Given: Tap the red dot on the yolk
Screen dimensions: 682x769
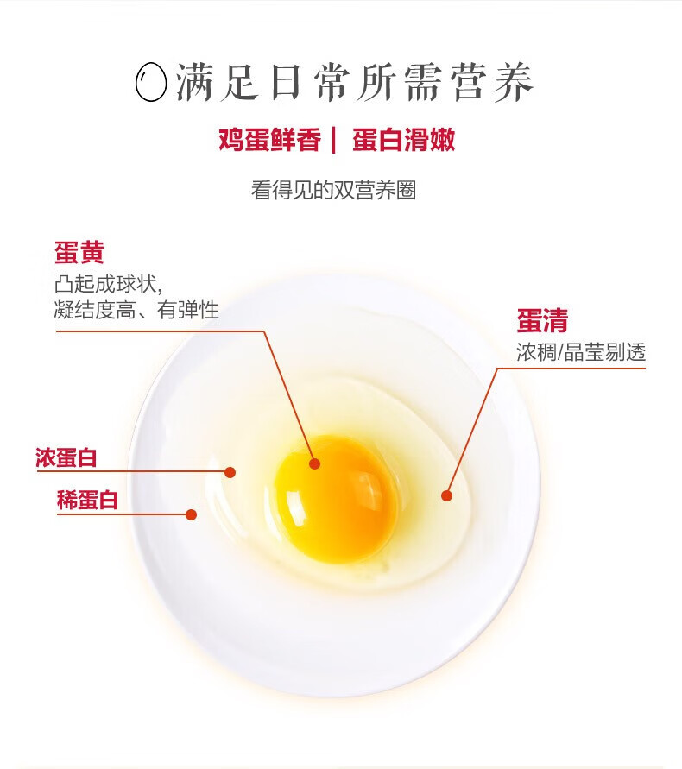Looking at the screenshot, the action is point(315,463).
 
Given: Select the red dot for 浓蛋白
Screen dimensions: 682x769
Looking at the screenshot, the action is point(230,472).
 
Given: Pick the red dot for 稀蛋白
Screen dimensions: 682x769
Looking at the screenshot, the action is point(192,514).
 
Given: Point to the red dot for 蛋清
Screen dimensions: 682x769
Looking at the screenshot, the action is point(446,495).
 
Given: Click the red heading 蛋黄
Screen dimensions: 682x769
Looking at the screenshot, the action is point(79,253).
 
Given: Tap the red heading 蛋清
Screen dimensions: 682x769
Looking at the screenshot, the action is point(542,321).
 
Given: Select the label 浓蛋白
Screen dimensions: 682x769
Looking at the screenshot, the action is point(66,457).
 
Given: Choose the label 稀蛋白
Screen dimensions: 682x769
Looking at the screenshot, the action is point(87,501).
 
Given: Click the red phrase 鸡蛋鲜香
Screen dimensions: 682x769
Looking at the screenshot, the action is point(270,140).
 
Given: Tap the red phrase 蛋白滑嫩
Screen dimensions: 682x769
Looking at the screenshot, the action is point(403,140).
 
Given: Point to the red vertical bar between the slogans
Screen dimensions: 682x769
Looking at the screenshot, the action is point(334,141).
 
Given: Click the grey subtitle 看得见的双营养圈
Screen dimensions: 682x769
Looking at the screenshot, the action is point(333,190).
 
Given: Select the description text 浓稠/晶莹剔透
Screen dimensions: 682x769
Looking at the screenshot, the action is point(581,352).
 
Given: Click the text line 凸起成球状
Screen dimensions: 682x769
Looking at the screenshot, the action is point(108,284).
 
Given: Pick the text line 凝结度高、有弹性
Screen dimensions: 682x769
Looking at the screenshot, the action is point(136,310).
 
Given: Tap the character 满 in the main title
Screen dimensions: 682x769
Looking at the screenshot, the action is point(196,82).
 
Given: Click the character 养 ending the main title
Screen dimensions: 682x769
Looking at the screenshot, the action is point(513,82).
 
